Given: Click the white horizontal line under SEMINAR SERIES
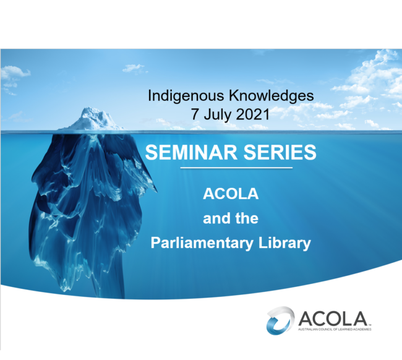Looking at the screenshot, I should coord(230,168).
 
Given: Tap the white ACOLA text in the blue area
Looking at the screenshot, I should coord(230,194).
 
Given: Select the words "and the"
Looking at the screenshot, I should coord(230,218).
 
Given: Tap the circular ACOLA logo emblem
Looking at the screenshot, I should coord(280,319).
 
